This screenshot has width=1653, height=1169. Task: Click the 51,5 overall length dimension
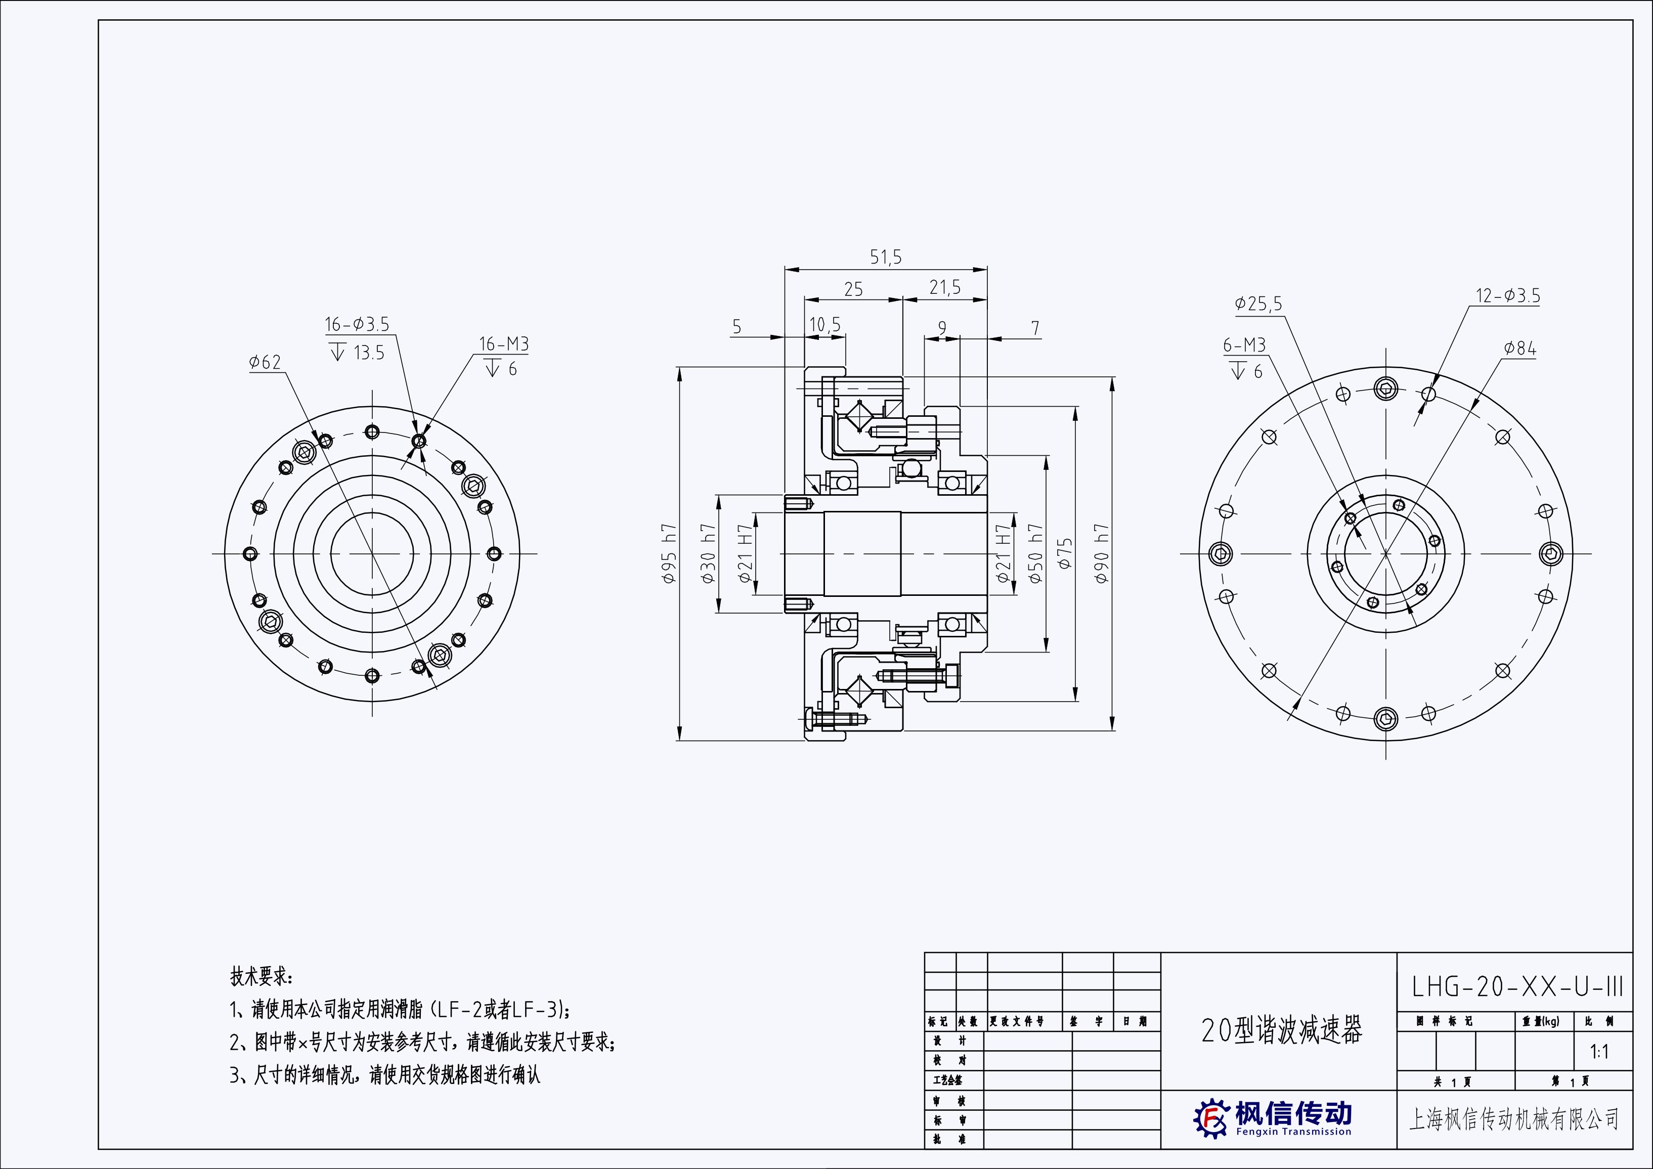[x=886, y=257]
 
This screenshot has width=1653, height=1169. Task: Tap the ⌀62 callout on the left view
[x=265, y=362]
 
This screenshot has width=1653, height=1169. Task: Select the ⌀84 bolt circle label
[x=1520, y=349]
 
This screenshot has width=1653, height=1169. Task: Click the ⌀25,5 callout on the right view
[x=1258, y=304]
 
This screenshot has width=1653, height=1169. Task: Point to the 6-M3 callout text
[x=1244, y=345]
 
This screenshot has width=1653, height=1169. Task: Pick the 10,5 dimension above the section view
[x=825, y=325]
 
